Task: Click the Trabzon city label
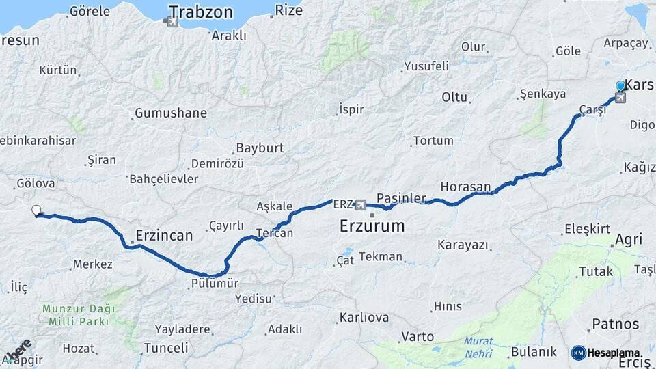coord(201,12)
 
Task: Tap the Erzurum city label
coord(372,225)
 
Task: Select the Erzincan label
coord(164,235)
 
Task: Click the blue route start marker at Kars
coord(620,86)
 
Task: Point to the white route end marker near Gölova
coord(36,210)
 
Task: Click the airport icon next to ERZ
coord(361,205)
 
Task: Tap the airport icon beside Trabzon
coord(172,22)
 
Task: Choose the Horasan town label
coord(465,187)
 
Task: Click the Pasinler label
coord(401,197)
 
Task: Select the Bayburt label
coord(259,148)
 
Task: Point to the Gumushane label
coord(170,113)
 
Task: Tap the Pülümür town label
coord(215,283)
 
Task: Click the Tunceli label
coord(165,347)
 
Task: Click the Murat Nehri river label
coord(478,347)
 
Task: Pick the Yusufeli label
coord(426,66)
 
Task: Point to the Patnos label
coord(615,324)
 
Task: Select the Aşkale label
coord(275,206)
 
